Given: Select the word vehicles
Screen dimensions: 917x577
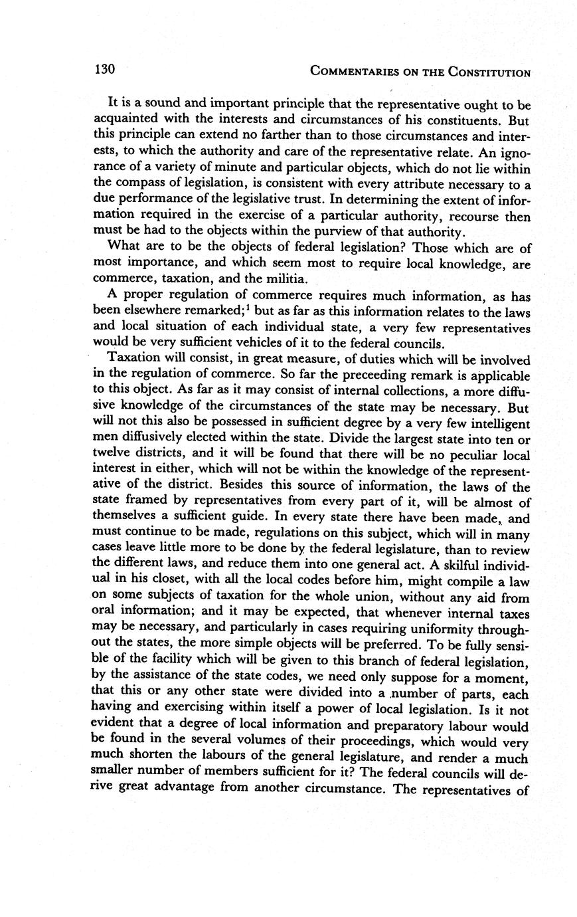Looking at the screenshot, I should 272,344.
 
